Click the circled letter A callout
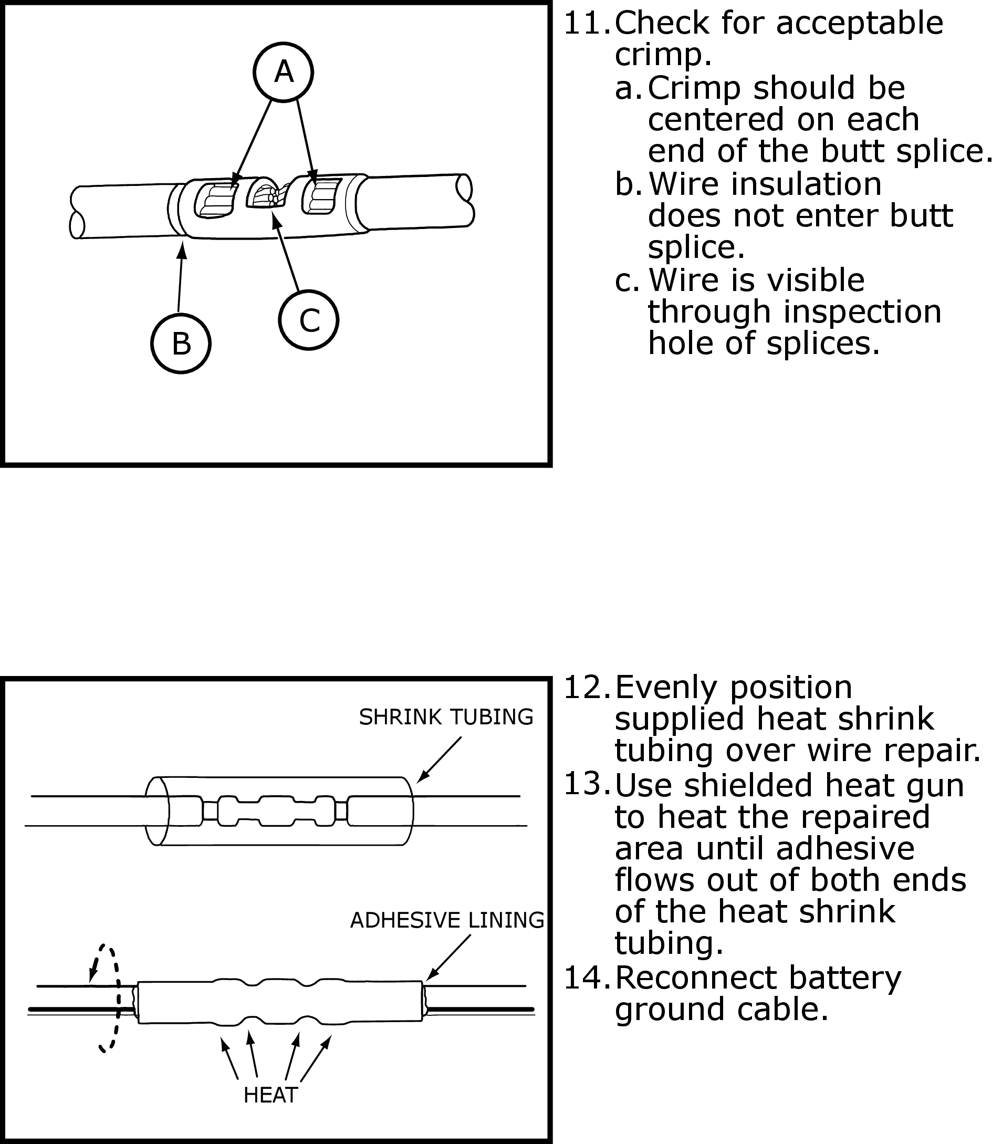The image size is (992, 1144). pos(283,72)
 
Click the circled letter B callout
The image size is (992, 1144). pos(181,344)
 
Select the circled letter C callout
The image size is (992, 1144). pos(309,320)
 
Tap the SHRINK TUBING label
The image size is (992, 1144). pos(446,716)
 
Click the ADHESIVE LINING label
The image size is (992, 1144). pos(447,920)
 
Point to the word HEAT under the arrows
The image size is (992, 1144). pos(270,1095)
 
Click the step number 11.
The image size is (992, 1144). pos(586,24)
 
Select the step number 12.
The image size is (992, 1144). pos(586,688)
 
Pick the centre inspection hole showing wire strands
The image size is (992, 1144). pos(267,195)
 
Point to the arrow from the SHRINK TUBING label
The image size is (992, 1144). pos(438,760)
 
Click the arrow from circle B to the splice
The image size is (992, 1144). pos(180,277)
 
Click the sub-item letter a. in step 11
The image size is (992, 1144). pos(627,88)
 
